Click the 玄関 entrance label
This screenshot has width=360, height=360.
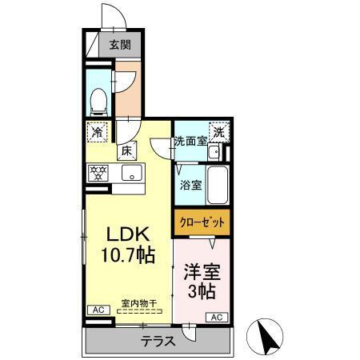pos(121,46)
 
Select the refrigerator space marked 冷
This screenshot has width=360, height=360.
pos(98,131)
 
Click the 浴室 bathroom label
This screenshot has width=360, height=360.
pos(190,185)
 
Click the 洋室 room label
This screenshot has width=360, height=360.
pos(202,271)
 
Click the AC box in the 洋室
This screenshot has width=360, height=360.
pos(217,318)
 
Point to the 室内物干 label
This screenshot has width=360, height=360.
pos(138,302)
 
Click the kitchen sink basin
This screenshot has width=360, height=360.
pos(130,173)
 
